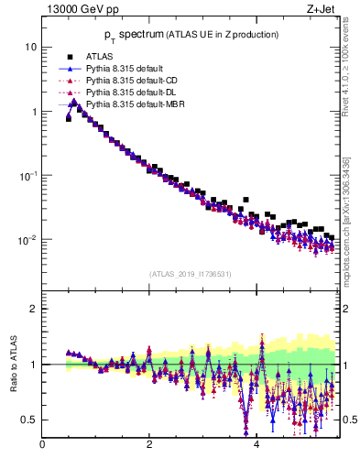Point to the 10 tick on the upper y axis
click(30, 47)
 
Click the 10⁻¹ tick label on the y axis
click(27, 175)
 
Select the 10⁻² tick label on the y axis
click(27, 240)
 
